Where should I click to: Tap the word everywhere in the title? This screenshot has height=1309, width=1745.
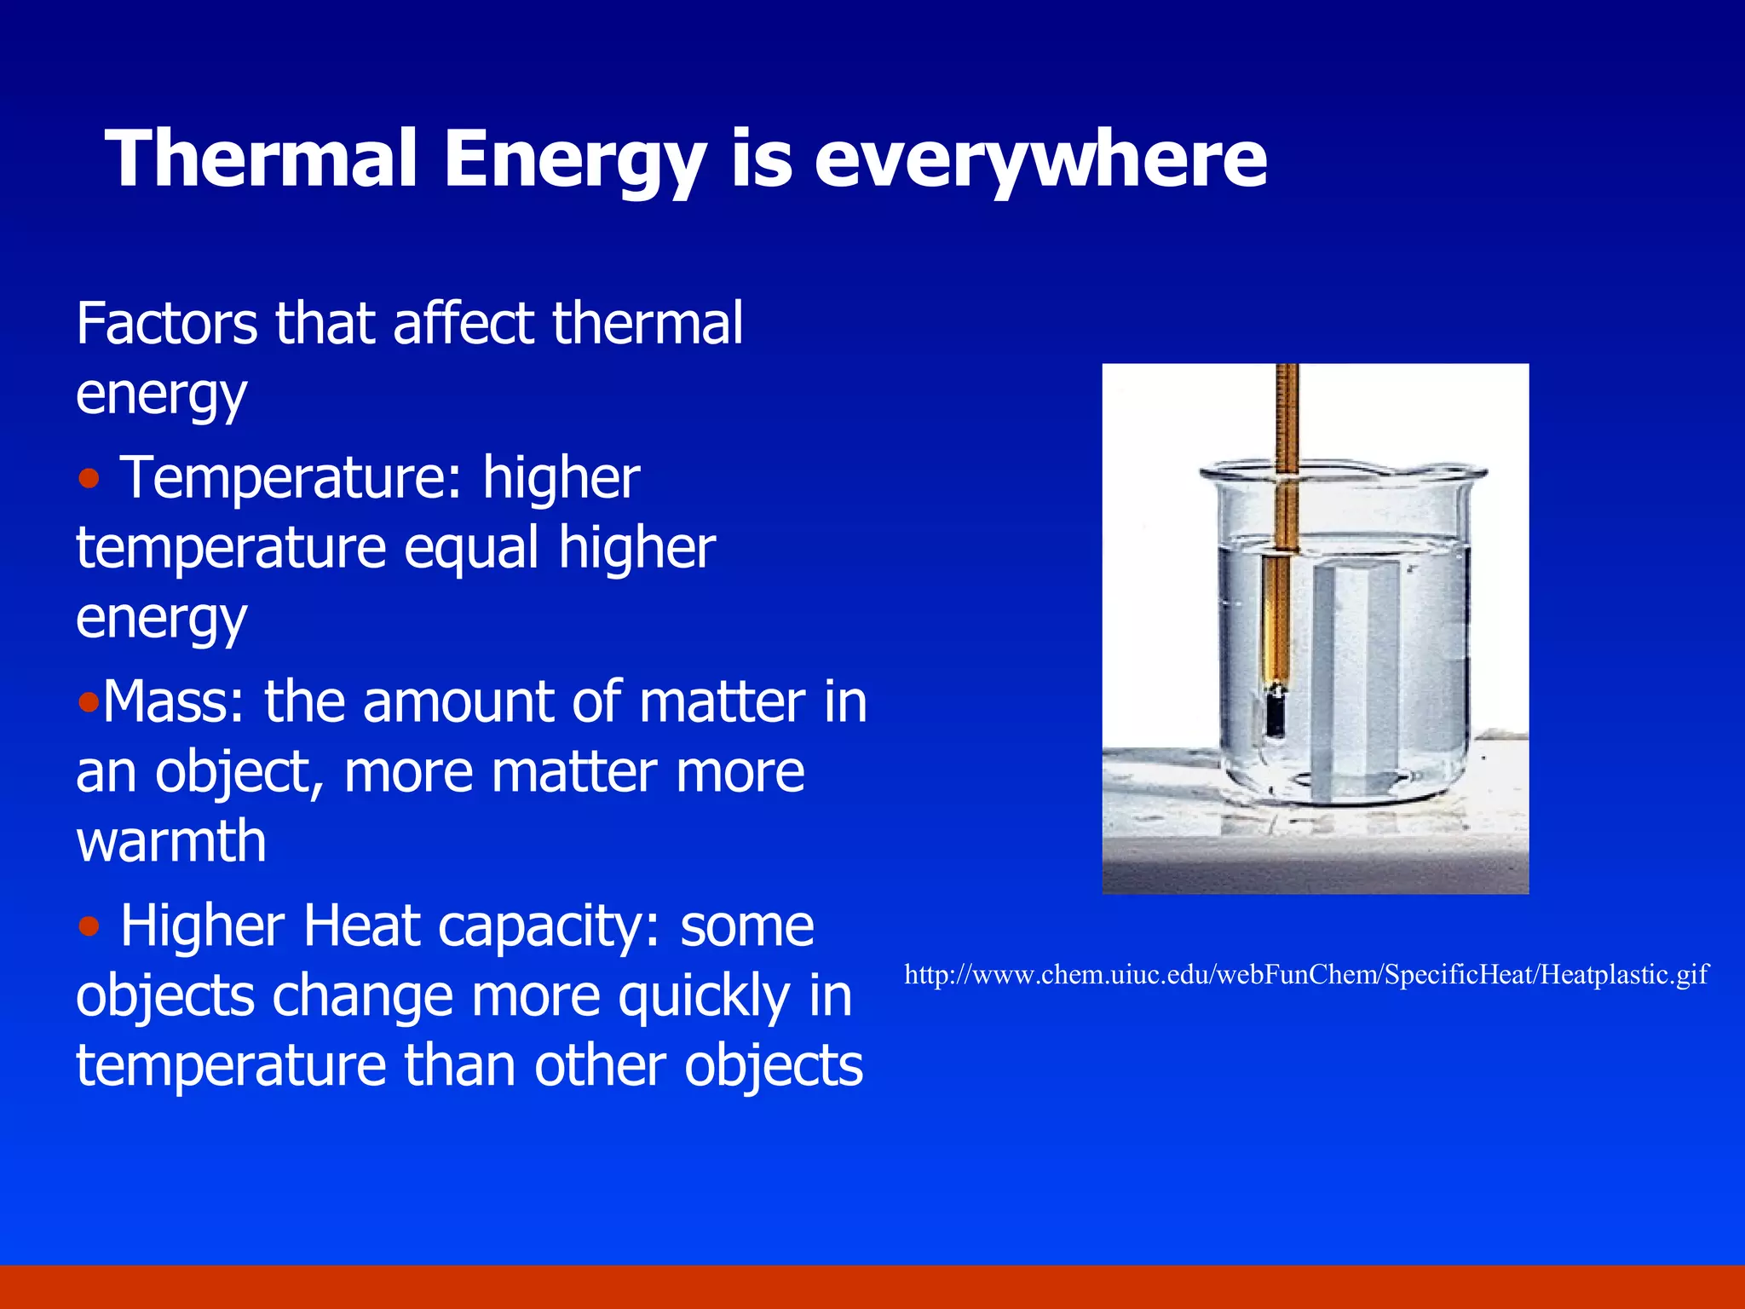(x=1040, y=159)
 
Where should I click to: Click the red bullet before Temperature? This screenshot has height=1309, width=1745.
(x=89, y=479)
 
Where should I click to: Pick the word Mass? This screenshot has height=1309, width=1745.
(x=174, y=703)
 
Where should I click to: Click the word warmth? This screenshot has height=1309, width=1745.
(x=170, y=842)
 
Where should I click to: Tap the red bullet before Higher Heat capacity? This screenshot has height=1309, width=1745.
(x=89, y=926)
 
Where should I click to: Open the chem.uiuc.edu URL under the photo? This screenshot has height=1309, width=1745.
(x=1305, y=974)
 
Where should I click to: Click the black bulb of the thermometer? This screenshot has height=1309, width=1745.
(x=1276, y=709)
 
